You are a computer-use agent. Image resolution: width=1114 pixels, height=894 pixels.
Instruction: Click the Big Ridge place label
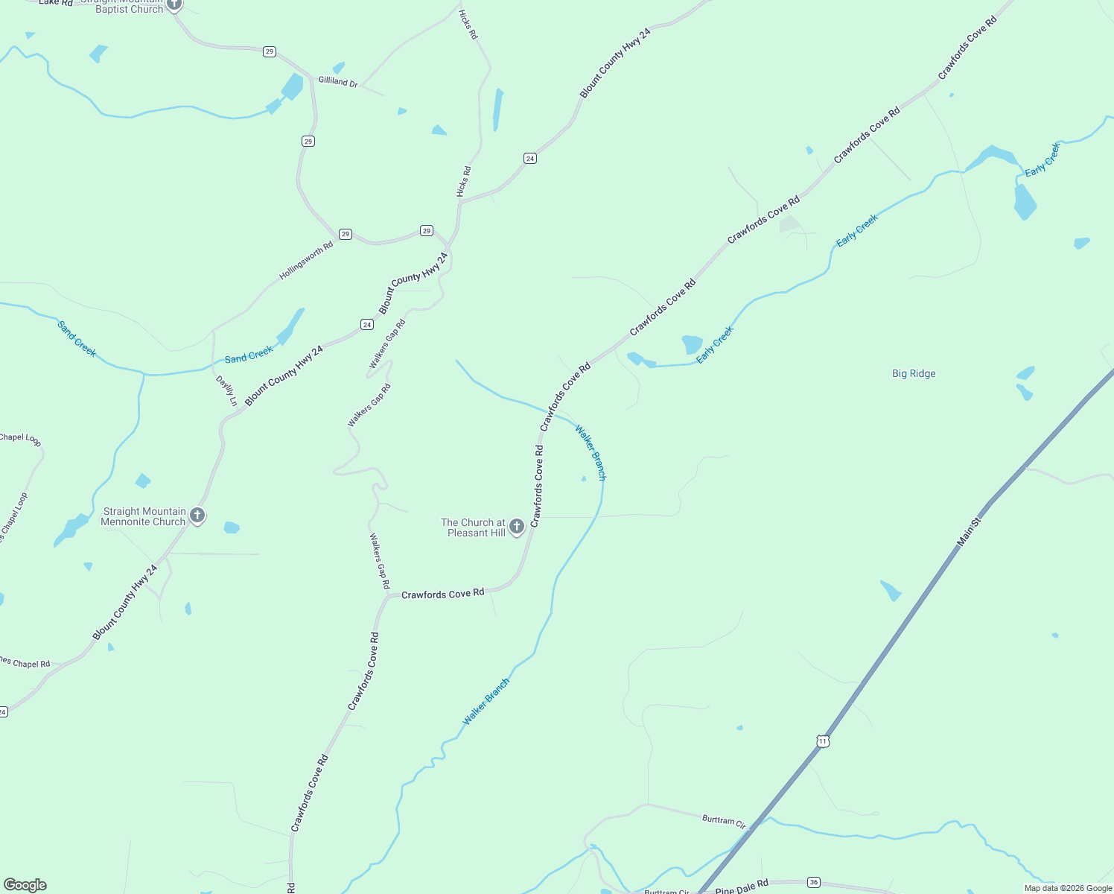point(914,374)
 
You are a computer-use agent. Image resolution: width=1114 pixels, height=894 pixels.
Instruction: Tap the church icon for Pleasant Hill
point(517,527)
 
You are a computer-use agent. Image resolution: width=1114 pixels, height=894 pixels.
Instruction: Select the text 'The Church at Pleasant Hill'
point(473,527)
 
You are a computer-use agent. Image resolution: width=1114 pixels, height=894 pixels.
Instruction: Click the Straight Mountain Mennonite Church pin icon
point(197,515)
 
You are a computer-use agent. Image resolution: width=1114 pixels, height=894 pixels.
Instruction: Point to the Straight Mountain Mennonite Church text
point(144,516)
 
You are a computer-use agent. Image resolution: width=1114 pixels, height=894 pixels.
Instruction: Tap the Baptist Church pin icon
point(174,4)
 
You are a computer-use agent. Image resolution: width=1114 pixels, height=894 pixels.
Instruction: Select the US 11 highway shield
point(822,741)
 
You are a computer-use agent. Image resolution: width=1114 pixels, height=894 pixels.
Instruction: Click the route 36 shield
point(813,882)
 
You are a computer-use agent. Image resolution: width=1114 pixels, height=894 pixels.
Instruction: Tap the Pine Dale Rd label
point(741,887)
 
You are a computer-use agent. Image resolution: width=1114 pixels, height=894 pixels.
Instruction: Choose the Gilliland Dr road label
point(338,81)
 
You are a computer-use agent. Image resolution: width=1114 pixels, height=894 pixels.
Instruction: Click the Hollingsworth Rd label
point(306,261)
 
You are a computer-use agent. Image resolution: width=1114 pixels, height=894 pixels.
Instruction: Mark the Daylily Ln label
point(226,391)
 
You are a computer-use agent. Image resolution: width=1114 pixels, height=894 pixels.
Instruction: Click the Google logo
point(25,885)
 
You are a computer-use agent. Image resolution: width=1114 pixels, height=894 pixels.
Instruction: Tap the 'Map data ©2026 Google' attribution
point(1068,888)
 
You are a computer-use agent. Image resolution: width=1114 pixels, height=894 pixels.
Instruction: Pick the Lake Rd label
point(56,3)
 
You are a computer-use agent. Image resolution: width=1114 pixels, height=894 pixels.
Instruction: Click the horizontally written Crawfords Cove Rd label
point(442,594)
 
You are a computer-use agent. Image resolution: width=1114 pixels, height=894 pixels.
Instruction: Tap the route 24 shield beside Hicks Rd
point(529,158)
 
